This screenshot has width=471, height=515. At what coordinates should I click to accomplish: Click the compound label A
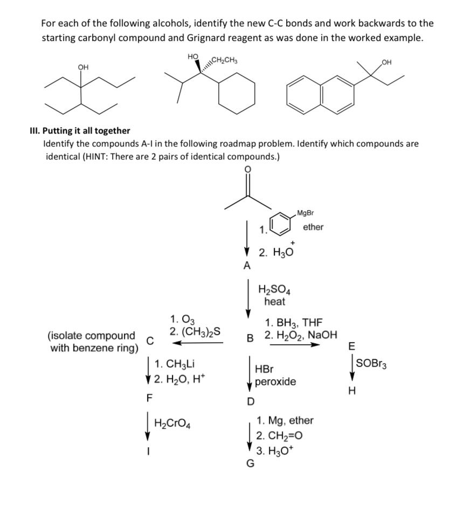[x=247, y=265]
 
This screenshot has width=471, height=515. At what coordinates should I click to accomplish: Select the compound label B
[x=250, y=338]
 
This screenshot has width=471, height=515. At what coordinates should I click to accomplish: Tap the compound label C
[x=151, y=340]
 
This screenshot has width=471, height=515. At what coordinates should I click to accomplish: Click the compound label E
[x=352, y=346]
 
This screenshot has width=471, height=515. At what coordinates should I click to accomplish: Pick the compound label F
[x=150, y=399]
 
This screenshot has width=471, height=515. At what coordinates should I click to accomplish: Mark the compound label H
[x=352, y=392]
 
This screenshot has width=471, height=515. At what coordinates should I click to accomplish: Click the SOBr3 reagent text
[x=371, y=364]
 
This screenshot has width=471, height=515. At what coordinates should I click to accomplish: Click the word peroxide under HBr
[x=275, y=382]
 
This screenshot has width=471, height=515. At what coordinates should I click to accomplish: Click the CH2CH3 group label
[x=226, y=59]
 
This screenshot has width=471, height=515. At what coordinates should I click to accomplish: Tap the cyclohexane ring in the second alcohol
[x=237, y=94]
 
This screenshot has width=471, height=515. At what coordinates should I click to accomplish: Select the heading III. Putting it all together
[x=80, y=130]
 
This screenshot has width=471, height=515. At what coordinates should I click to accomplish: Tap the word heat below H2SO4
[x=275, y=302]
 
